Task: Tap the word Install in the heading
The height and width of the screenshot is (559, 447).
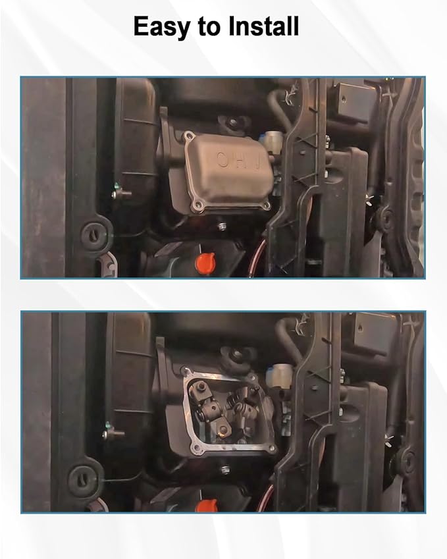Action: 263,26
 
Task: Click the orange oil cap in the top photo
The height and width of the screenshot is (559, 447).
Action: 205,261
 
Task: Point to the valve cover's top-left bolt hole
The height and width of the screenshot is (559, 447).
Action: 188,136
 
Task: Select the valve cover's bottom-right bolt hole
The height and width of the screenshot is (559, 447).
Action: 266,205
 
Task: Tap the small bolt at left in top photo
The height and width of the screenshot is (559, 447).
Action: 120,194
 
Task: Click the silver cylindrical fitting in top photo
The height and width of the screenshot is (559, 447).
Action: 272,139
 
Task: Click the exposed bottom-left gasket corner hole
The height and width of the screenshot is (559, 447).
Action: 195,447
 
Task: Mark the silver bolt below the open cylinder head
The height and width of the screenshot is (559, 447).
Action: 224,470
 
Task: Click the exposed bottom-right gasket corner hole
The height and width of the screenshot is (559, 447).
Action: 273,450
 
